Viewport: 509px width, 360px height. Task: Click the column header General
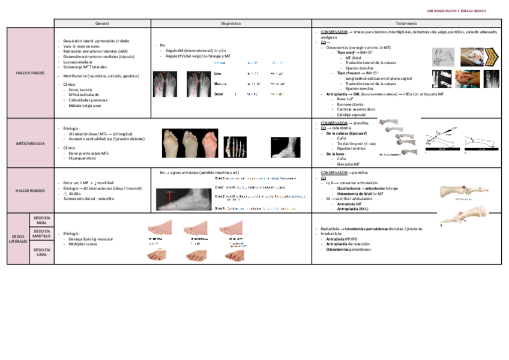(102, 23)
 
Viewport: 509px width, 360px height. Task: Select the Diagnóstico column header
(231, 23)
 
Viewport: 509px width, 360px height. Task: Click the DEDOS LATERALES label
(18, 238)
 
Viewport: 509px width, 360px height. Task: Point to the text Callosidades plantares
(85, 100)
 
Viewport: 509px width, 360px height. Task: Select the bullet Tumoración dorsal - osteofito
(88, 199)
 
